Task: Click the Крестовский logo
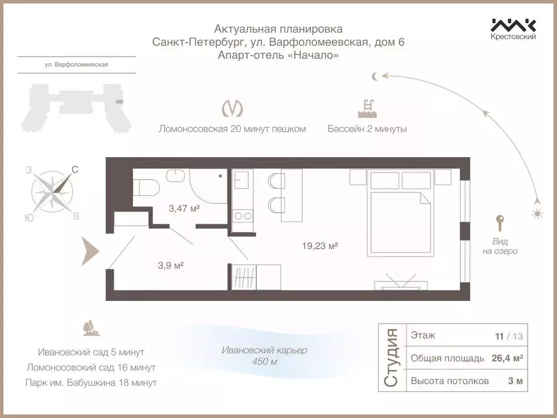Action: click(513, 29)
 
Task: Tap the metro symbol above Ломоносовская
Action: click(232, 108)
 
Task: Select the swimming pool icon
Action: click(367, 108)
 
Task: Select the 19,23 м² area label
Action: click(320, 246)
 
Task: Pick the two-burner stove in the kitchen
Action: click(242, 216)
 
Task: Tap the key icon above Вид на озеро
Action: click(499, 223)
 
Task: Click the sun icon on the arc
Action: click(537, 214)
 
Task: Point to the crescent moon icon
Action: click(375, 76)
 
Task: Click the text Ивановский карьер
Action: click(264, 350)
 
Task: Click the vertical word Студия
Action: click(391, 358)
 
